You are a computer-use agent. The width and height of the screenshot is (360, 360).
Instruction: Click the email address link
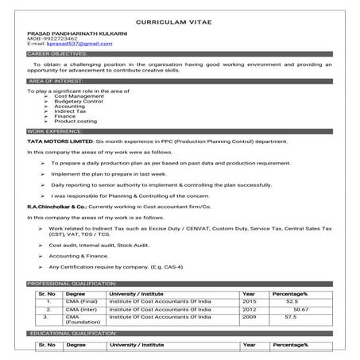click(68, 44)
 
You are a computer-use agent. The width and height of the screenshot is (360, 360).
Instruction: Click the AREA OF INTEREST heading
click(56, 81)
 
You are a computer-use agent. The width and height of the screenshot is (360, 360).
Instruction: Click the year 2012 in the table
click(249, 309)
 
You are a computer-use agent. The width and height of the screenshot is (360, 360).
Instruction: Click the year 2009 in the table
click(249, 316)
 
